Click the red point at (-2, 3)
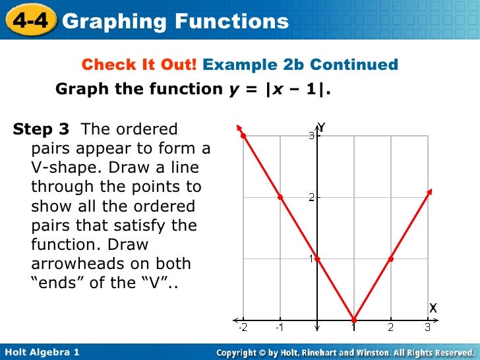click(x=243, y=136)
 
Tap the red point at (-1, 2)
click(x=280, y=197)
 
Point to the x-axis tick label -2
click(x=242, y=328)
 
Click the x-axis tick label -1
click(x=279, y=328)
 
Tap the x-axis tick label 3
click(x=427, y=328)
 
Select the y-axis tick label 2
click(x=311, y=197)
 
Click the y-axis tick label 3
click(x=311, y=136)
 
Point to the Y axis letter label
click(x=322, y=127)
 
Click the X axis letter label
click(x=433, y=308)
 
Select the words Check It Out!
click(x=139, y=65)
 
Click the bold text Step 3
click(x=41, y=129)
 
